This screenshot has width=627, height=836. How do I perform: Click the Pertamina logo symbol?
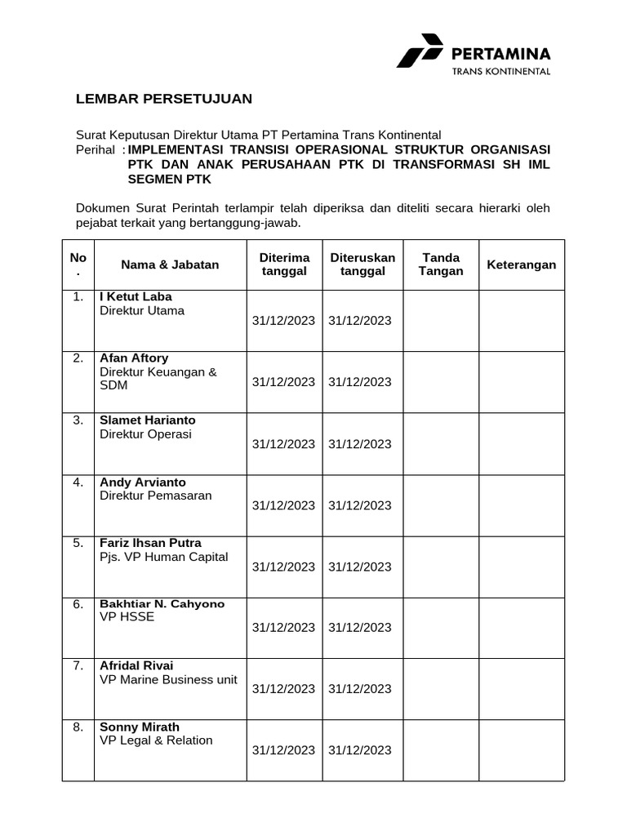[x=420, y=51]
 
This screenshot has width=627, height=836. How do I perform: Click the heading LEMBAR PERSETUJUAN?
[x=164, y=99]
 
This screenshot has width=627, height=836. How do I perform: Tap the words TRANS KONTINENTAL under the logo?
[x=501, y=71]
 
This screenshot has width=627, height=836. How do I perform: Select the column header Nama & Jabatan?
[x=170, y=265]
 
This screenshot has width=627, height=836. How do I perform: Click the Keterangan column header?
[x=521, y=265]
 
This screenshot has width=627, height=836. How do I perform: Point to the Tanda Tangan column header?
[x=441, y=265]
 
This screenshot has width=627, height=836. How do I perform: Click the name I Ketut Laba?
[x=136, y=296]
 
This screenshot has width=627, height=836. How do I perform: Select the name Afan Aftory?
[x=135, y=358]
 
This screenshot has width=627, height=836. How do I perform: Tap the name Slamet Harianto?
[x=147, y=420]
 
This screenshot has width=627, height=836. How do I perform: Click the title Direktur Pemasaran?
[x=155, y=496]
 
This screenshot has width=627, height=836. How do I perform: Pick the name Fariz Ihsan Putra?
[x=150, y=543]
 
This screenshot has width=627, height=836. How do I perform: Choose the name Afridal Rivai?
[x=136, y=665]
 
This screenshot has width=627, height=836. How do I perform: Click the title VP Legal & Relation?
[x=156, y=740]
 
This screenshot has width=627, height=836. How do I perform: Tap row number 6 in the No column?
[x=78, y=604]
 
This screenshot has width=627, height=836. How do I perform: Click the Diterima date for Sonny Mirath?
[x=283, y=750]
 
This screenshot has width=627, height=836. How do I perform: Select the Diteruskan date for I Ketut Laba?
[x=360, y=321]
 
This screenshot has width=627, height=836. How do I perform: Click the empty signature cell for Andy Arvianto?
[x=441, y=505]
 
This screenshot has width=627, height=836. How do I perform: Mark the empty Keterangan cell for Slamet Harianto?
[x=521, y=443]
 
